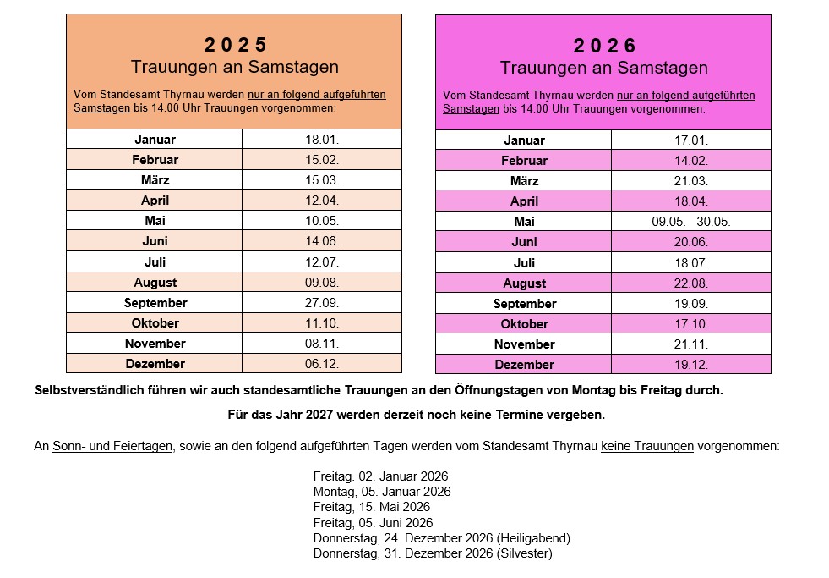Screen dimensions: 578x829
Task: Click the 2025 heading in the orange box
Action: pyautogui.click(x=235, y=44)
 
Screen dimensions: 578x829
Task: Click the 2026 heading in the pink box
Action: pyautogui.click(x=604, y=45)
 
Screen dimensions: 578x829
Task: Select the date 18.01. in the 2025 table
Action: pyautogui.click(x=322, y=139)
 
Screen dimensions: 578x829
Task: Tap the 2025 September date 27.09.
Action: pyautogui.click(x=322, y=303)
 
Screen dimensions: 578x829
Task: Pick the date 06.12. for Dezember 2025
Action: pyautogui.click(x=322, y=364)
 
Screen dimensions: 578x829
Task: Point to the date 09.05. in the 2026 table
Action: pyautogui.click(x=668, y=222)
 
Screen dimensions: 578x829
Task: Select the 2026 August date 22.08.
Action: pyautogui.click(x=691, y=283)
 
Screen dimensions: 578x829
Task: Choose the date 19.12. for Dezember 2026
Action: pyautogui.click(x=691, y=365)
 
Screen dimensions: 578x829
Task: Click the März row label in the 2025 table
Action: pyautogui.click(x=155, y=180)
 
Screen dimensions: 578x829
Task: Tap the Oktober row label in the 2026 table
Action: pyautogui.click(x=524, y=324)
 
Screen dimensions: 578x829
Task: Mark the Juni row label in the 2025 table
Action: pyautogui.click(x=155, y=241)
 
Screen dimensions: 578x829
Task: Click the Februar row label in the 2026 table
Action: pyautogui.click(x=524, y=161)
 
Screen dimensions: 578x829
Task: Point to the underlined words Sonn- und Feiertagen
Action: pyautogui.click(x=112, y=446)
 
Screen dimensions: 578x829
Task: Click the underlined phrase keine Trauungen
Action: pyautogui.click(x=646, y=446)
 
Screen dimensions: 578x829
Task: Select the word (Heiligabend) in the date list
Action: pyautogui.click(x=534, y=538)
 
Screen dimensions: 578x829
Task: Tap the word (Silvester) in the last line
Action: pyautogui.click(x=525, y=553)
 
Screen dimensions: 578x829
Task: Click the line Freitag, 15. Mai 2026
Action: pyautogui.click(x=372, y=507)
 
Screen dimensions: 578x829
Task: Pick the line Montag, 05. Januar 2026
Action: pyautogui.click(x=382, y=492)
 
